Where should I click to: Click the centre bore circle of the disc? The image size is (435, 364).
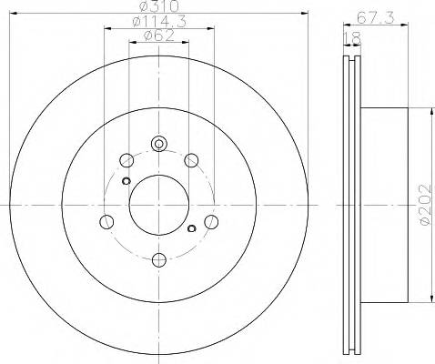coord(158,202)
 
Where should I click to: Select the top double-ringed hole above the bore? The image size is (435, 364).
coord(158,143)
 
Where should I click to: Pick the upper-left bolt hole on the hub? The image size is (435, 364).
coord(126,161)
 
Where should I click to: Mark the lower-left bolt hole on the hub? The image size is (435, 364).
coord(106,221)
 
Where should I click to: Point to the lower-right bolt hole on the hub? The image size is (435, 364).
coord(211,221)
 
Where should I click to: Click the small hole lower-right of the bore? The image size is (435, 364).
coord(190,227)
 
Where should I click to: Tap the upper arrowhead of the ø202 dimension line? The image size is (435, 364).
coord(430,110)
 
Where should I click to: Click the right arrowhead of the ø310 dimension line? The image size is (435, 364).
coord(308,13)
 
